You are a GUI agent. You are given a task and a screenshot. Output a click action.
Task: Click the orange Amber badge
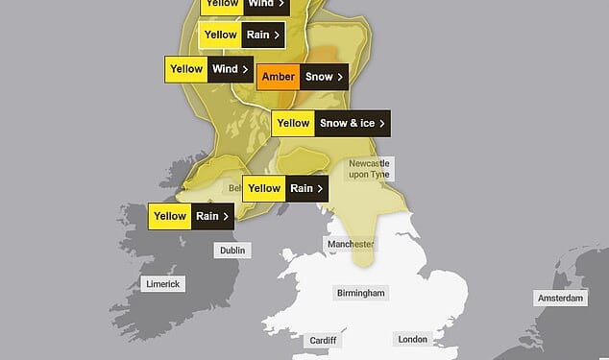coord(278,76)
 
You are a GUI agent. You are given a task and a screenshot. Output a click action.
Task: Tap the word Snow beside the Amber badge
coord(318,76)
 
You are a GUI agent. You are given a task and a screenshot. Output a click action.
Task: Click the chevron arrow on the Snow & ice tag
coord(382,123)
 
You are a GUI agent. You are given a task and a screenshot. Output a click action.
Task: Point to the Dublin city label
coord(232,251)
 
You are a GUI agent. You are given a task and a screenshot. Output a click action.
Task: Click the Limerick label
coord(161,284)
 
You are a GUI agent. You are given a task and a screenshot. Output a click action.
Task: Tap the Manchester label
coord(350,245)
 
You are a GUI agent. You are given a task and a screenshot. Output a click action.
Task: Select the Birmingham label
coord(360,293)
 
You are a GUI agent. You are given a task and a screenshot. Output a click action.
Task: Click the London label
coord(412,339)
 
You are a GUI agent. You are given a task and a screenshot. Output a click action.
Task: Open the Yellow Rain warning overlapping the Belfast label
coord(284,188)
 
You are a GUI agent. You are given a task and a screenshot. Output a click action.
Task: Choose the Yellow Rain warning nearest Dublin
coord(192,216)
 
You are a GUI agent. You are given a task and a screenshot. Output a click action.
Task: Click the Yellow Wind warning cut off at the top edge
coord(245,4)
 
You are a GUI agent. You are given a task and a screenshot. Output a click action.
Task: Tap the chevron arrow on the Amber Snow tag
coord(340,76)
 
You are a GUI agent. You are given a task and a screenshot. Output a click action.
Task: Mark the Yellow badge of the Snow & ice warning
coord(293,123)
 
